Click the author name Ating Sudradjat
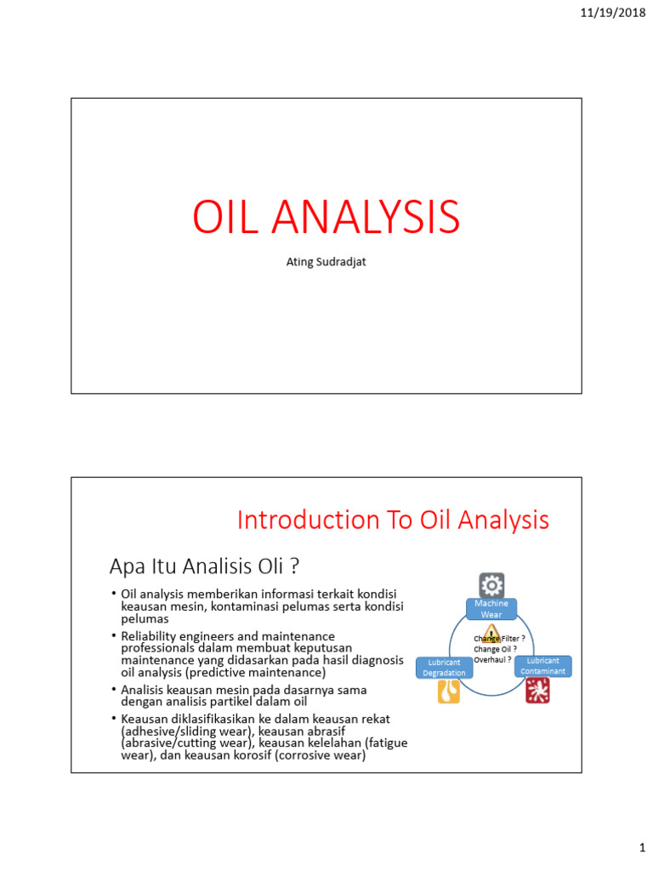pos(326,262)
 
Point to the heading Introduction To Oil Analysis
pos(393,520)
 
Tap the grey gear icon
pos(491,584)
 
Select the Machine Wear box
pos(491,609)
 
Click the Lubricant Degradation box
pos(444,667)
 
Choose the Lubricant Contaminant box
pos(542,665)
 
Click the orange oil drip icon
pos(448,692)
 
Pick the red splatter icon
pos(537,690)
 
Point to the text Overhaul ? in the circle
pos(492,658)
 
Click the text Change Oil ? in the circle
pos(496,648)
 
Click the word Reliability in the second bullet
pos(151,636)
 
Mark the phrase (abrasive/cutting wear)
pos(187,743)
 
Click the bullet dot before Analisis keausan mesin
pos(113,689)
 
